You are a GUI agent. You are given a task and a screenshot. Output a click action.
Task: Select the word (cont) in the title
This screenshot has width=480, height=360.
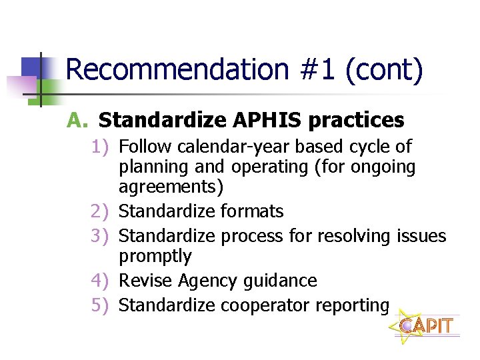click(x=384, y=70)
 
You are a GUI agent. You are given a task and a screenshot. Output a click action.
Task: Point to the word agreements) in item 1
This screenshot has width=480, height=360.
click(x=171, y=187)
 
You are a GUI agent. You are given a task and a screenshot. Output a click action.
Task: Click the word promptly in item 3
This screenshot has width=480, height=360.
click(x=155, y=257)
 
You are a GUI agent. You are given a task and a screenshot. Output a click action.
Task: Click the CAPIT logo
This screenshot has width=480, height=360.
click(x=426, y=325)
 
